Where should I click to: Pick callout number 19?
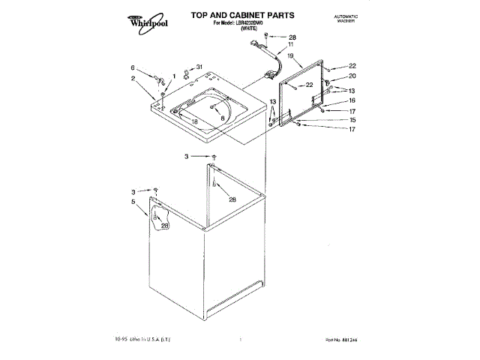(x=290, y=55)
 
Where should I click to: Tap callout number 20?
(x=352, y=76)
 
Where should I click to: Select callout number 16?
(x=352, y=100)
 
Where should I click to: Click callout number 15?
(x=352, y=120)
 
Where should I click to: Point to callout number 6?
(x=133, y=66)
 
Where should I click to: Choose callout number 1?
(x=174, y=75)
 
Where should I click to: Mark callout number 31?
(x=199, y=67)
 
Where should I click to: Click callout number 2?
(x=133, y=79)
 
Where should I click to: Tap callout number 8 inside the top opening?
(x=223, y=118)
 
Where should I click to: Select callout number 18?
(x=194, y=122)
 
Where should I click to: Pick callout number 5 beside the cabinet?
(x=133, y=201)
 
